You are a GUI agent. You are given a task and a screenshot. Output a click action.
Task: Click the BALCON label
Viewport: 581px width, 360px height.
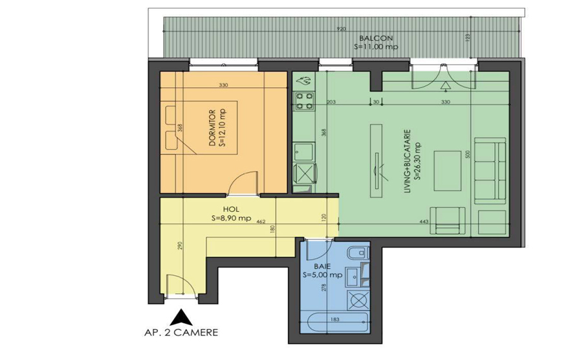(x=376, y=39)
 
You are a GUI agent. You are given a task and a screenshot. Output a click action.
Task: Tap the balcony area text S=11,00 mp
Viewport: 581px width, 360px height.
(x=376, y=47)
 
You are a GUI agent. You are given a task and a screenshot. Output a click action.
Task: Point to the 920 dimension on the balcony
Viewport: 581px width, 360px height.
(x=341, y=29)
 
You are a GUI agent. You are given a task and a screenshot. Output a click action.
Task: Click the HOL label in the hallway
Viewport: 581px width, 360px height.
(x=231, y=210)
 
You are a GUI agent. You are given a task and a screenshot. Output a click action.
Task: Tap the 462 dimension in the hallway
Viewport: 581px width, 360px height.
(x=261, y=222)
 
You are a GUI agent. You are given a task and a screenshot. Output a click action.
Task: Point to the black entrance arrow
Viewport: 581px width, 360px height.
(x=181, y=317)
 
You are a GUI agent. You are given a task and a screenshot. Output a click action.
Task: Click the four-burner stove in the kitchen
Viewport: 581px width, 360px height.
(x=304, y=100)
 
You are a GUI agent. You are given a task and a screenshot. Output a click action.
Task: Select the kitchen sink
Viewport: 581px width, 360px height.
(x=303, y=153)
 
